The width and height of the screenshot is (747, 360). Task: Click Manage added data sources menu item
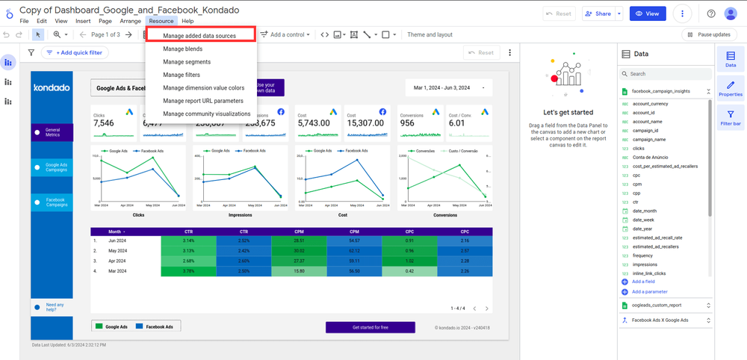click(199, 36)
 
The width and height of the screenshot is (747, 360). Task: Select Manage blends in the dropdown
click(184, 49)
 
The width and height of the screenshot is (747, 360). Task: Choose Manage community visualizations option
click(207, 114)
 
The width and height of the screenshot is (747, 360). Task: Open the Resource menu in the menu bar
click(161, 21)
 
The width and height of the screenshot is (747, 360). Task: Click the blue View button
click(648, 13)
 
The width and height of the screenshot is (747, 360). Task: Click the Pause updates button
click(709, 34)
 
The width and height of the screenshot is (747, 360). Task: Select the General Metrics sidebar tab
click(52, 132)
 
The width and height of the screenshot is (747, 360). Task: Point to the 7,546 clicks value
click(104, 123)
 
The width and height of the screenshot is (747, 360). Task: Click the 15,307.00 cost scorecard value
click(365, 123)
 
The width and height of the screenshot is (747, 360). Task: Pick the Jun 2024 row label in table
click(118, 241)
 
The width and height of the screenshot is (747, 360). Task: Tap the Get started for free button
click(370, 327)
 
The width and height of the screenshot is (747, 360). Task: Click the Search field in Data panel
click(665, 74)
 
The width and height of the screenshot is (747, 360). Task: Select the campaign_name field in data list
click(648, 140)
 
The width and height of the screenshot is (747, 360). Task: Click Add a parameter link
click(649, 291)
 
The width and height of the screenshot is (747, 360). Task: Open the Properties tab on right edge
click(730, 88)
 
